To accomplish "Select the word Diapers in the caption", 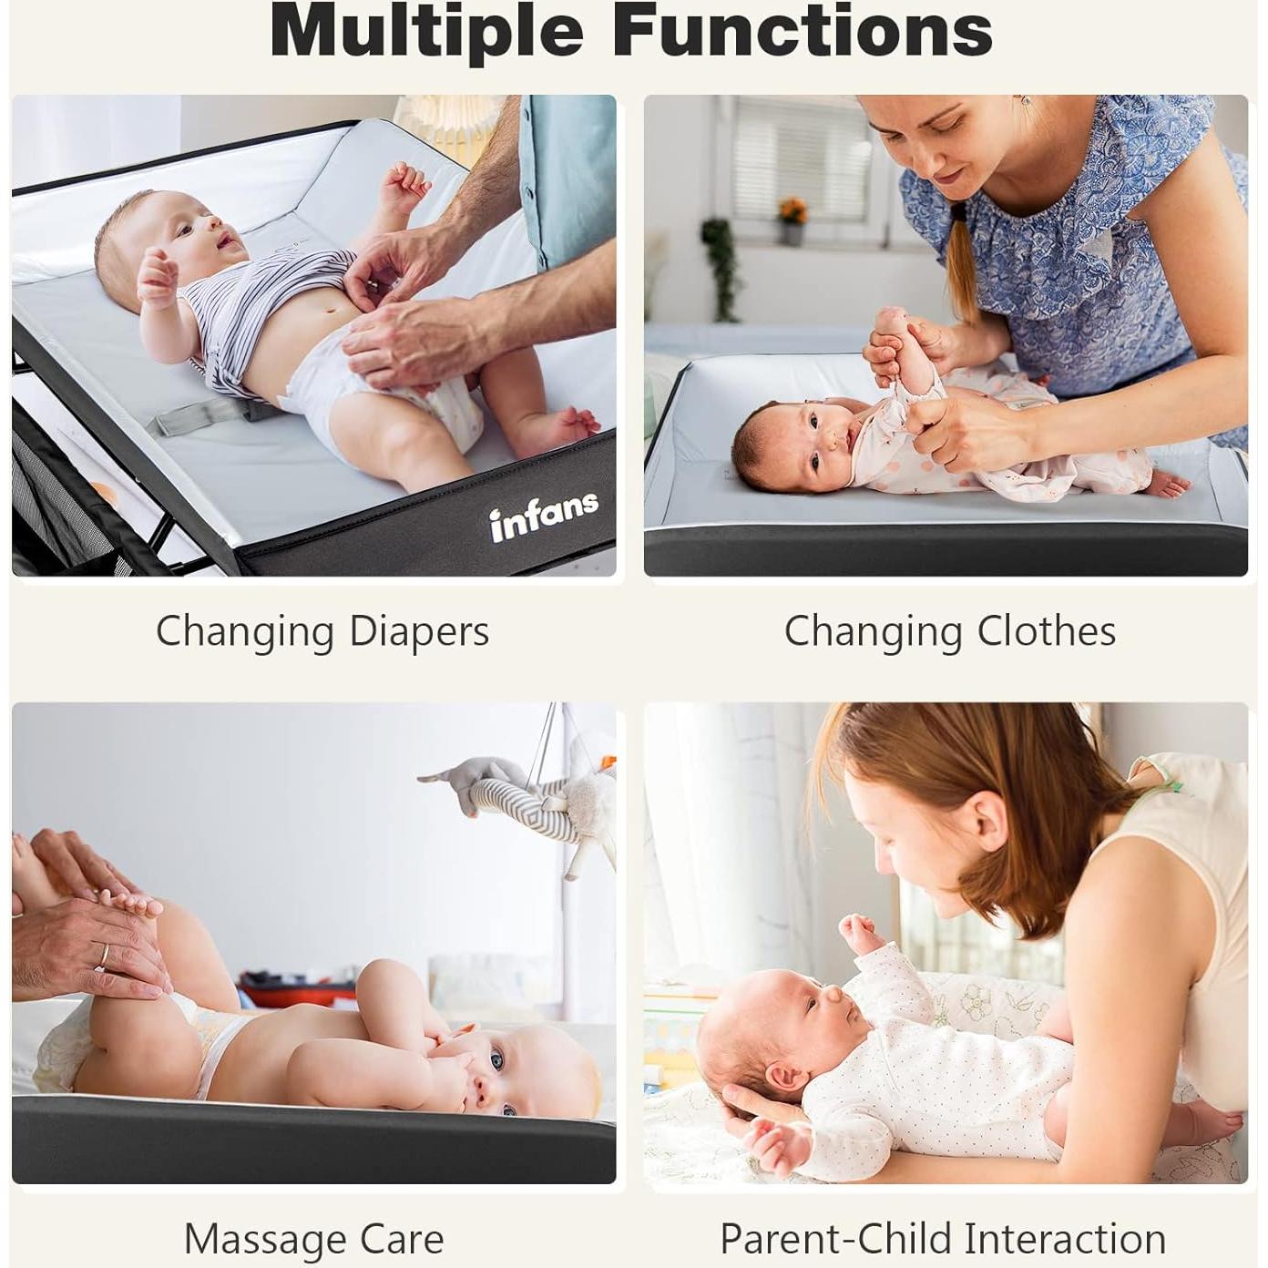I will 419,631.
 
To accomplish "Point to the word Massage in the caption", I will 265,1239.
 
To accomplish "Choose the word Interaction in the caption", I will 1065,1239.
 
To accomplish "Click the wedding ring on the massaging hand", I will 104,955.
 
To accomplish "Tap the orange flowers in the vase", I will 792,211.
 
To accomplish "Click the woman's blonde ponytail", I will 961,264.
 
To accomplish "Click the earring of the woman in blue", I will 1026,100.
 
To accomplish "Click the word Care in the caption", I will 402,1239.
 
